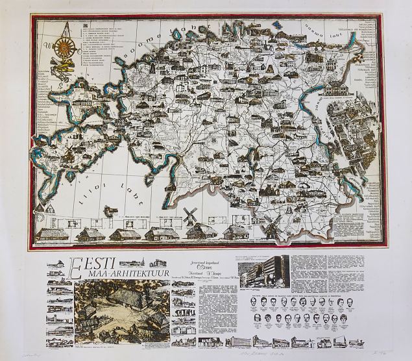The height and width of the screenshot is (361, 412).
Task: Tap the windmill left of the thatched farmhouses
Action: (189, 216)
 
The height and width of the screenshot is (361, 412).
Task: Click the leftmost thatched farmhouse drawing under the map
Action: (52, 232)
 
